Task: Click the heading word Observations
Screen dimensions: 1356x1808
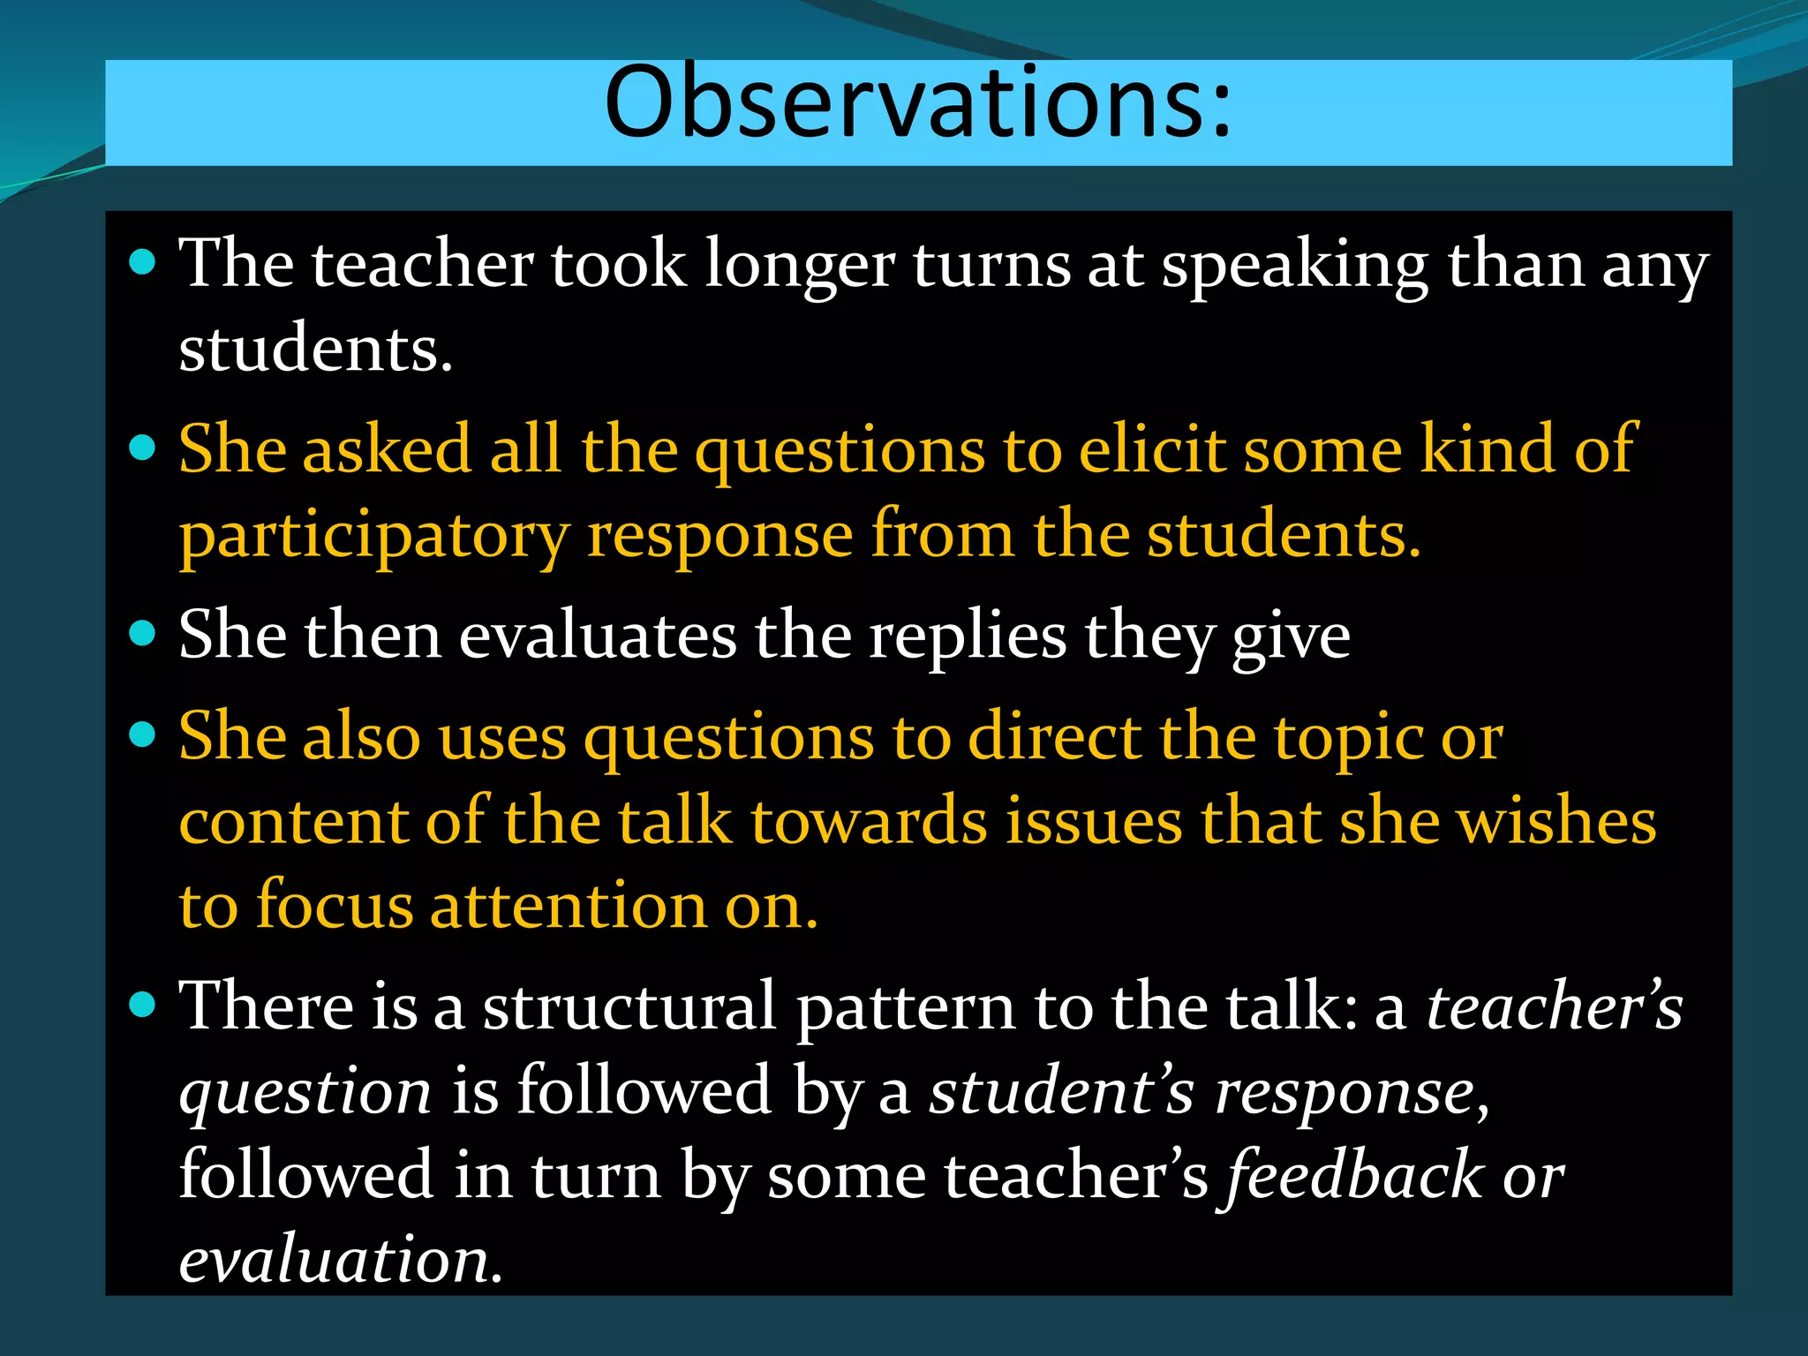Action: [x=918, y=104]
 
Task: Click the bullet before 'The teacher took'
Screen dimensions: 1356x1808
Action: [x=142, y=262]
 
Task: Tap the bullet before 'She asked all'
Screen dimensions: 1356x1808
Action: [x=142, y=448]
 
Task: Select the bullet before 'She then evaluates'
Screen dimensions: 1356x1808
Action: [x=142, y=633]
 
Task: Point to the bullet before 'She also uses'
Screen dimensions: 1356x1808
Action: [x=142, y=734]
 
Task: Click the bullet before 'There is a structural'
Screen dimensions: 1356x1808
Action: [x=142, y=1004]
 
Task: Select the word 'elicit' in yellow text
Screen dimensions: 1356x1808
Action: [x=1151, y=449]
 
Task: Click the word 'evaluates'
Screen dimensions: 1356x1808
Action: [x=598, y=637]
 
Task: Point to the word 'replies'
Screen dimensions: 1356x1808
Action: [x=968, y=637]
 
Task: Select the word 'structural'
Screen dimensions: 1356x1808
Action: [x=629, y=1007]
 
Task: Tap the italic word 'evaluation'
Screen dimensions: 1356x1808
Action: [x=334, y=1261]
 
